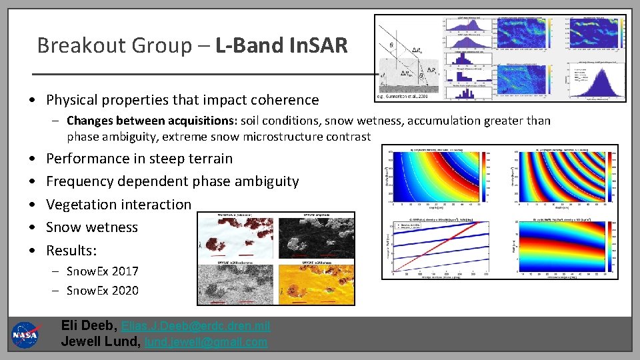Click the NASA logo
(25, 334)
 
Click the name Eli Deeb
(88, 326)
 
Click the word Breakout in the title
(74, 45)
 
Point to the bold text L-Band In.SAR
(282, 45)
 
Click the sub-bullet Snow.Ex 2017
(102, 271)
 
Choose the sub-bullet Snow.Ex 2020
(102, 290)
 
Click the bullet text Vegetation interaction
(118, 204)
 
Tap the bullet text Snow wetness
(91, 227)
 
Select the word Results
(70, 251)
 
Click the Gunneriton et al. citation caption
(403, 97)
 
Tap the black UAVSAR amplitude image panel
(317, 237)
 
